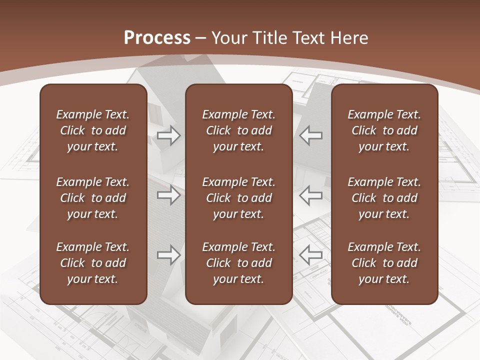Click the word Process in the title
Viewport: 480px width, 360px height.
coord(157,38)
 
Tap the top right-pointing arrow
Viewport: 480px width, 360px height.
coord(169,135)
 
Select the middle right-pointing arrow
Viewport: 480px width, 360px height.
coord(169,195)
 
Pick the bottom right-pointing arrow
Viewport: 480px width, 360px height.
coord(169,255)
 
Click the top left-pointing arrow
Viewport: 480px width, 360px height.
coord(310,135)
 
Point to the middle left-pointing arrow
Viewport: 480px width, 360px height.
coord(310,195)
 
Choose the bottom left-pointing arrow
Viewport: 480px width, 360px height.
coord(310,255)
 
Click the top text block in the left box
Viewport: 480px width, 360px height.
coord(93,130)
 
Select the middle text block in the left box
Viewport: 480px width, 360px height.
coord(93,198)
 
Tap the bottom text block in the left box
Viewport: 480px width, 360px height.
coord(93,263)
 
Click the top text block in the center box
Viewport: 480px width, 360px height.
coord(238,130)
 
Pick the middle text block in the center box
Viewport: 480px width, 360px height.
coord(238,198)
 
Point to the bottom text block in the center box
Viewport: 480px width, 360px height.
coord(238,263)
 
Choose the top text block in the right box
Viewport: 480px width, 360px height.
coord(384,130)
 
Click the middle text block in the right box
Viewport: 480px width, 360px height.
coord(384,198)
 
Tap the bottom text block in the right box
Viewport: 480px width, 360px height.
coord(384,263)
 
